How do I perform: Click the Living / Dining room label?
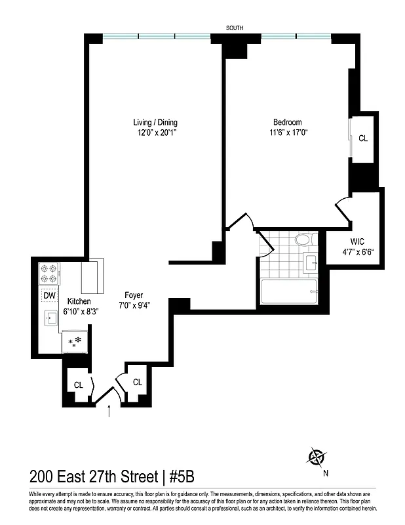155,122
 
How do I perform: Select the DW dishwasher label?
50,296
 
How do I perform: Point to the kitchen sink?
50,319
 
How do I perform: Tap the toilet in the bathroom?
303,239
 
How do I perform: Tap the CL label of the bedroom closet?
363,138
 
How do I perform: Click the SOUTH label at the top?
235,28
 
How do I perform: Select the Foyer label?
134,295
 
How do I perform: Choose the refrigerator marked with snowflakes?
76,341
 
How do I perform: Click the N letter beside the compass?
326,472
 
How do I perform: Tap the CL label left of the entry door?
78,385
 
